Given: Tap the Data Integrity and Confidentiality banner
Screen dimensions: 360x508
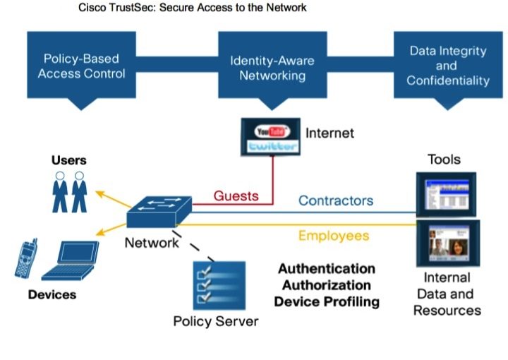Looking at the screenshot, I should pyautogui.click(x=447, y=66).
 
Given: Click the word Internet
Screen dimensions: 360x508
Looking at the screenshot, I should pyautogui.click(x=329, y=133).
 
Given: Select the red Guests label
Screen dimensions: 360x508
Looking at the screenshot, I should pyautogui.click(x=236, y=196).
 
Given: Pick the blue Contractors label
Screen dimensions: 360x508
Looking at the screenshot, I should pyautogui.click(x=336, y=200).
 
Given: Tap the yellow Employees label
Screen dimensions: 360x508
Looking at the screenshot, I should pyautogui.click(x=334, y=236).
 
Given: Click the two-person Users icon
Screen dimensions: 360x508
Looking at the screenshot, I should pyautogui.click(x=69, y=191).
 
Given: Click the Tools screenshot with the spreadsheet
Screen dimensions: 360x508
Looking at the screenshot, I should pyautogui.click(x=446, y=193).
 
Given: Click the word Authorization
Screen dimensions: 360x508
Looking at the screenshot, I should pyautogui.click(x=326, y=285).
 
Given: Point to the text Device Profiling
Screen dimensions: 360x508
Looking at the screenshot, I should pyautogui.click(x=326, y=301).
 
